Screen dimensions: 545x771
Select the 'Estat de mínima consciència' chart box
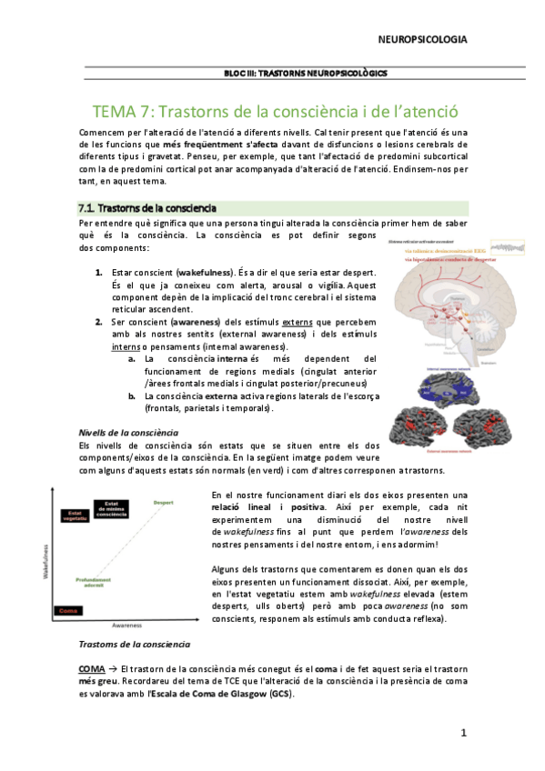click(x=111, y=507)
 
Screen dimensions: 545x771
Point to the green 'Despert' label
click(x=165, y=502)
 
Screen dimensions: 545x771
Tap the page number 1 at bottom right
click(x=463, y=733)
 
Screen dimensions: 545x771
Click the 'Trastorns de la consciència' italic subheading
click(x=135, y=644)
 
